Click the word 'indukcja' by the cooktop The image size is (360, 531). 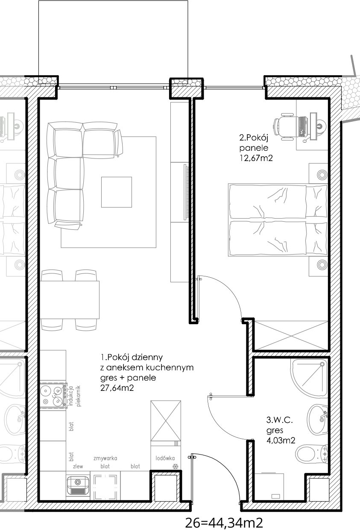pyautogui.click(x=71, y=396)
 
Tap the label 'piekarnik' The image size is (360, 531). pyautogui.click(x=79, y=396)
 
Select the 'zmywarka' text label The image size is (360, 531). pyautogui.click(x=105, y=458)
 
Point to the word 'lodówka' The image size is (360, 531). pyautogui.click(x=165, y=458)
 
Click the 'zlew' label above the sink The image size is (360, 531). pyautogui.click(x=78, y=466)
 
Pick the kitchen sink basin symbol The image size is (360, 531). pyautogui.click(x=78, y=485)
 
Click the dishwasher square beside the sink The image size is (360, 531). pyautogui.click(x=105, y=487)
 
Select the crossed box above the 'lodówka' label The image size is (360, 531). pyautogui.click(x=166, y=420)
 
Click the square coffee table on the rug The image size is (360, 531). pyautogui.click(x=116, y=192)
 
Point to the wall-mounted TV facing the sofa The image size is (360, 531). pyautogui.click(x=186, y=192)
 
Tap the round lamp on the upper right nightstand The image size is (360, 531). pyautogui.click(x=322, y=175)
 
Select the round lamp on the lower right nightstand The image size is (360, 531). pyautogui.click(x=322, y=265)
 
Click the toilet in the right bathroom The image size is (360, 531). pyautogui.click(x=311, y=454)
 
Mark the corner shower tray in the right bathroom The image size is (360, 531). pyautogui.click(x=311, y=377)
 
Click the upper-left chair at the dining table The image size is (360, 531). pyautogui.click(x=52, y=275)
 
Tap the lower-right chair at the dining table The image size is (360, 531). pyautogui.click(x=86, y=325)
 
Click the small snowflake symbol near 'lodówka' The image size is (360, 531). pyautogui.click(x=175, y=466)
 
